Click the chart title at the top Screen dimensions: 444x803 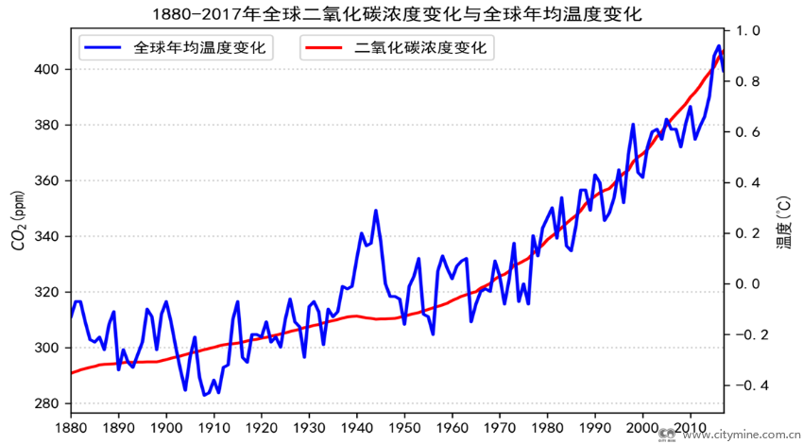point(401,14)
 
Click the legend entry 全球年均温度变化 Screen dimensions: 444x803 point(199,47)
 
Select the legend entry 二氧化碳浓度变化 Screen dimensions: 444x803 point(421,47)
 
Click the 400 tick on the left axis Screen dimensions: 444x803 point(48,70)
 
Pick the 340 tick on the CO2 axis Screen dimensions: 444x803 point(48,237)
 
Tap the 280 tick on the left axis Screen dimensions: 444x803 point(48,404)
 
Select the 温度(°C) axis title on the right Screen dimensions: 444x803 point(783,224)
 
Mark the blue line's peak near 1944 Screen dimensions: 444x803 point(376,211)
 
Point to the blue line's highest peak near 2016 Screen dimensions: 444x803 point(719,46)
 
